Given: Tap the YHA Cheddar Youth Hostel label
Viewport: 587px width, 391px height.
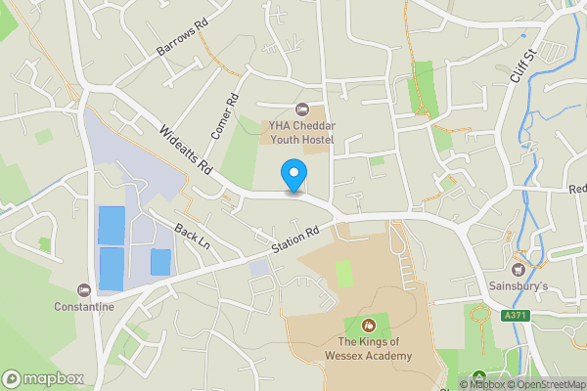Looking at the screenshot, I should point(302,133).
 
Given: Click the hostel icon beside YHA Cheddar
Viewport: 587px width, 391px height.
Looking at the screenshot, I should point(301,109).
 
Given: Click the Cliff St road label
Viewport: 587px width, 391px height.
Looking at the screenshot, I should point(525,65).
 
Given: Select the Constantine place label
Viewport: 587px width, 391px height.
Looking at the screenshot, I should point(84,306).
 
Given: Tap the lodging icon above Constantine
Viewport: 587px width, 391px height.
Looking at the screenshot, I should point(84,289).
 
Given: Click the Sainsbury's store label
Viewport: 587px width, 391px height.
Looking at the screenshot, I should point(519,287).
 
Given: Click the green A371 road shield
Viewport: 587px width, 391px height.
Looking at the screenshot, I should point(516,317).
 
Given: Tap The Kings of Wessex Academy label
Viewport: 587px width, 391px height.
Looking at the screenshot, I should point(375,349).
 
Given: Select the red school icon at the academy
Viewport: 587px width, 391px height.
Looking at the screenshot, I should point(369,325).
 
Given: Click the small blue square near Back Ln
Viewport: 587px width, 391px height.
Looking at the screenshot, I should point(159,262).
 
